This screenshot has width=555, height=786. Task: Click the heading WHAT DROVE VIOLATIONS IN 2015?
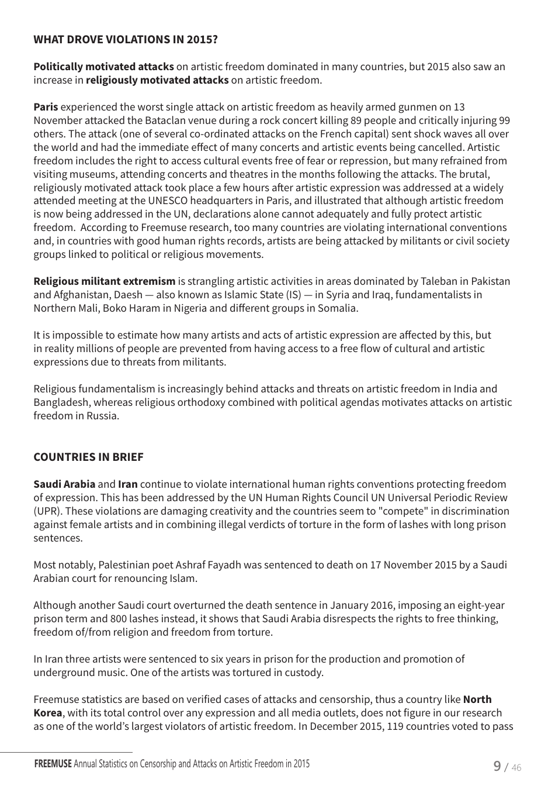(x=126, y=40)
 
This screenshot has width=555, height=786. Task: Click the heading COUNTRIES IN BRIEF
(x=88, y=457)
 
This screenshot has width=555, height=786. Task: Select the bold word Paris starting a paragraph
(x=46, y=107)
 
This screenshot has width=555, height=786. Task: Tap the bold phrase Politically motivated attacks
(x=103, y=67)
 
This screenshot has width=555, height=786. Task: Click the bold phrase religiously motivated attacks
(x=157, y=80)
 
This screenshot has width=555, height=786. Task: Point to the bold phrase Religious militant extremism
(x=104, y=281)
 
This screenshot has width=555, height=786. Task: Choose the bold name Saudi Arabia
(x=64, y=484)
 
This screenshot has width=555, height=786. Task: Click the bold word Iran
(x=128, y=484)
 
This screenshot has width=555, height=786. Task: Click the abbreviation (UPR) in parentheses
(x=48, y=511)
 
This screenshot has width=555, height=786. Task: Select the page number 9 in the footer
(x=497, y=766)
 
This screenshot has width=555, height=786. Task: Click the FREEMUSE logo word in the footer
(x=53, y=764)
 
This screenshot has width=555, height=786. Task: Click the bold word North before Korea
(x=477, y=699)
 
